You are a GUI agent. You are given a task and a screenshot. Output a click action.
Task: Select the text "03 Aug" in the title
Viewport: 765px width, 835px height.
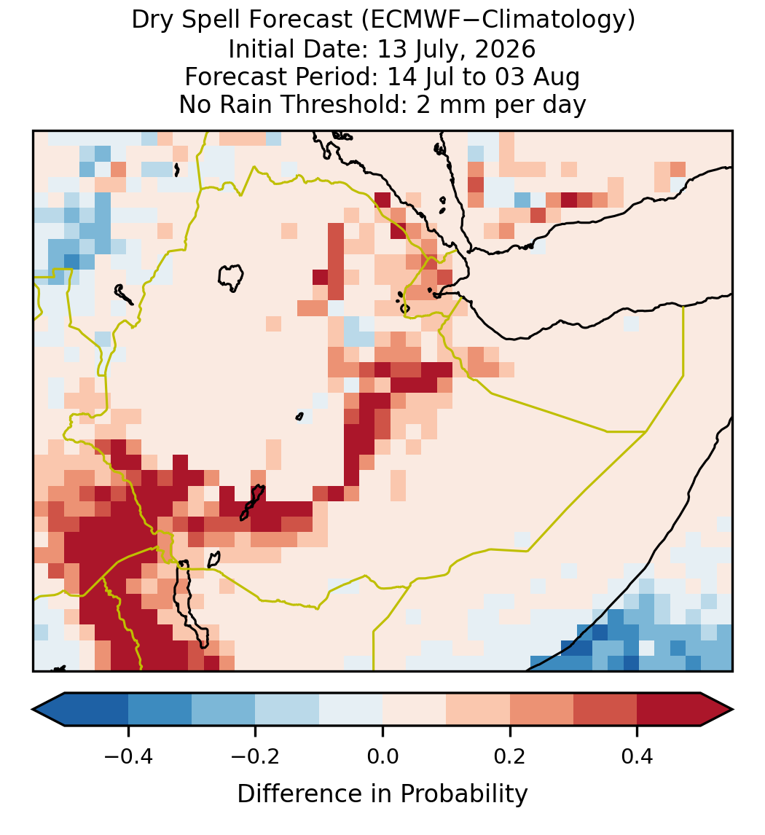(537, 77)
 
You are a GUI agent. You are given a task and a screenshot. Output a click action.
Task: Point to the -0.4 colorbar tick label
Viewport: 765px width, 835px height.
(127, 756)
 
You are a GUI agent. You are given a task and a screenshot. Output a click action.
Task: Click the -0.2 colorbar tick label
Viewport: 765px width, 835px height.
(255, 756)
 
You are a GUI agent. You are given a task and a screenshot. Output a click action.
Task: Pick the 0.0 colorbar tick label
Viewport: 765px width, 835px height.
(382, 756)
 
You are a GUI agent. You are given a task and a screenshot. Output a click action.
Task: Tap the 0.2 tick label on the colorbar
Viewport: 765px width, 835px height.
(510, 756)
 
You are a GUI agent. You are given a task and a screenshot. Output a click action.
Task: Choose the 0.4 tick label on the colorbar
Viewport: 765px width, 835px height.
(637, 756)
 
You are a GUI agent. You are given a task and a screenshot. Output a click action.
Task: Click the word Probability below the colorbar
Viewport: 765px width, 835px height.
(463, 794)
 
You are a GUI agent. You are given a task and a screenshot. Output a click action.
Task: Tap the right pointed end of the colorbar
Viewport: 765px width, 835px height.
(732, 710)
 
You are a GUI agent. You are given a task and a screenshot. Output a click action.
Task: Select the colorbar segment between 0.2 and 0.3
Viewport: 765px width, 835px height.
(541, 710)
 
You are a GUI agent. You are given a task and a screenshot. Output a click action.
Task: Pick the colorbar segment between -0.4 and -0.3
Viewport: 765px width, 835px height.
(160, 710)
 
